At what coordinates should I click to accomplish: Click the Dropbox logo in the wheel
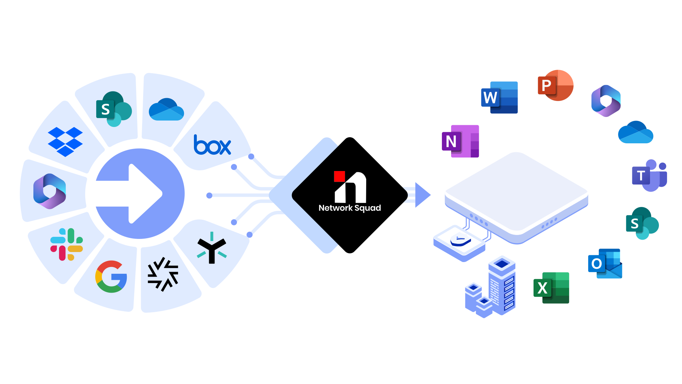[x=65, y=142]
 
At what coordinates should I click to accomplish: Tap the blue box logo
[x=212, y=145]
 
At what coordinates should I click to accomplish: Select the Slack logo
[x=66, y=244]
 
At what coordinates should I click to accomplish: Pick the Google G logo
[x=111, y=277]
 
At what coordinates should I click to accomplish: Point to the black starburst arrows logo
[x=163, y=274]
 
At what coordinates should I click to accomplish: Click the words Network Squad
[x=350, y=208]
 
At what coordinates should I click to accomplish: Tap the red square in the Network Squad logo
[x=339, y=176]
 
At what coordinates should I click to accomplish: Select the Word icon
[x=499, y=97]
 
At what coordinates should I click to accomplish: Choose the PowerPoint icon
[x=555, y=86]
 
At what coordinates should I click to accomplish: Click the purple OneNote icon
[x=460, y=141]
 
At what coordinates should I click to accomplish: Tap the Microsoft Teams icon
[x=649, y=176]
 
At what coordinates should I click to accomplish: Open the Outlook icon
[x=605, y=263]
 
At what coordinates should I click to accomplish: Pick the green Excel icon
[x=551, y=288]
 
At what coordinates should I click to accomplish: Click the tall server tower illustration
[x=502, y=284]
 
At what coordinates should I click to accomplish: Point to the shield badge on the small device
[x=460, y=240]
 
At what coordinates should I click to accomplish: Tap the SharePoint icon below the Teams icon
[x=642, y=224]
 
